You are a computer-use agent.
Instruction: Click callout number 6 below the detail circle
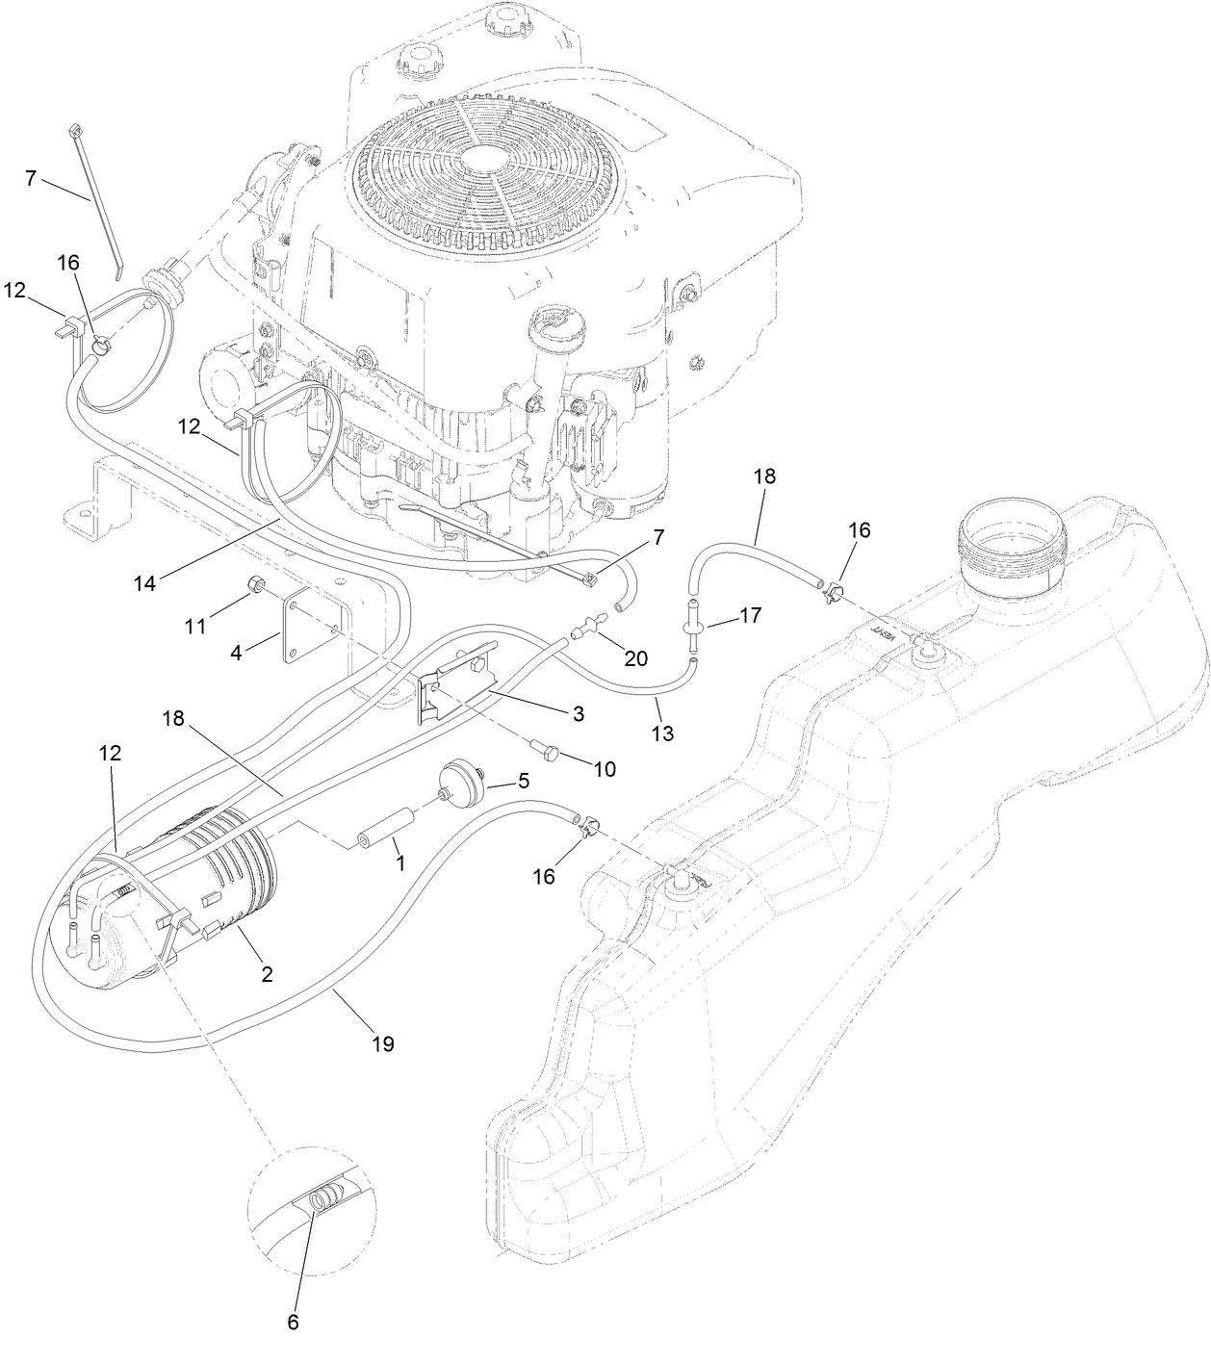(293, 1322)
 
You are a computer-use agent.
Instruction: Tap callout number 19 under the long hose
(382, 1043)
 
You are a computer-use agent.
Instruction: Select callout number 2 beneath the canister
(267, 974)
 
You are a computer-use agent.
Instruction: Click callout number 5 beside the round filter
(524, 782)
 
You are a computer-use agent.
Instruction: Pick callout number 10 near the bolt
(605, 769)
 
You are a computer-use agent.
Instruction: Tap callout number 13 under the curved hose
(662, 733)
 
